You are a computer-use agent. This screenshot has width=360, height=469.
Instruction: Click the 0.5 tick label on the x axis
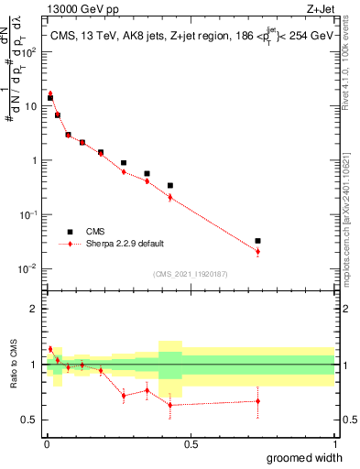point(190,443)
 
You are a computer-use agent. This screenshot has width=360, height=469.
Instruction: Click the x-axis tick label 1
point(334,443)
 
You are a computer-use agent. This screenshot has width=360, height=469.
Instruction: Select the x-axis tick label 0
point(46,443)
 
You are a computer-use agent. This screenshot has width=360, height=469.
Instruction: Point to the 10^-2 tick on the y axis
point(29,268)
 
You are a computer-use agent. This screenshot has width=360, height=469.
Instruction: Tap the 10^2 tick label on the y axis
point(30,51)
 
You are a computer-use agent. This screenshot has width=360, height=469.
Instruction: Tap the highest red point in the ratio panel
point(50,349)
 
